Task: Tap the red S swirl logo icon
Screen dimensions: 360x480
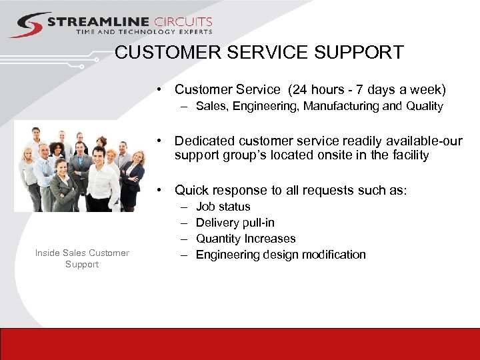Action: click(27, 25)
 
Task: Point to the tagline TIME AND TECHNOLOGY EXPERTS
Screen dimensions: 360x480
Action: click(144, 32)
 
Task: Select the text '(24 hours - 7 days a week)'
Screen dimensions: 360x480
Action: click(365, 89)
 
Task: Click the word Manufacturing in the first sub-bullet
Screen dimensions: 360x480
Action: click(342, 106)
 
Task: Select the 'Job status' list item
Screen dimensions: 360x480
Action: click(223, 207)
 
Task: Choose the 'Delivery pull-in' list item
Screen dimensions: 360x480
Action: click(235, 223)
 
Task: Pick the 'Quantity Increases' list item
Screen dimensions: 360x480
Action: click(245, 239)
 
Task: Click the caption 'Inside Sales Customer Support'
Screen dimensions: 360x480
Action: click(82, 258)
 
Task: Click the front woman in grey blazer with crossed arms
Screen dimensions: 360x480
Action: click(63, 187)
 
